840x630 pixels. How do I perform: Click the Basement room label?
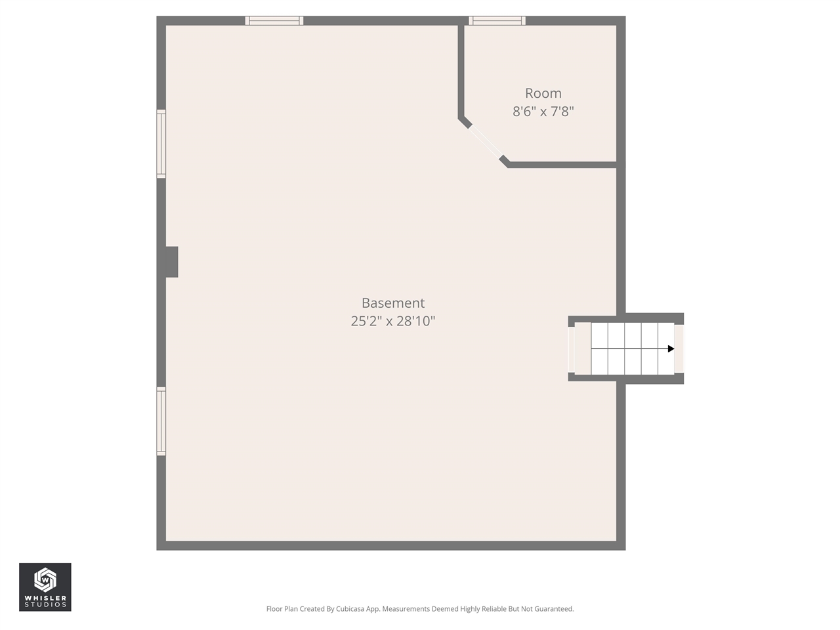click(393, 303)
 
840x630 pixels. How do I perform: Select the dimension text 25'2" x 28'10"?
click(393, 321)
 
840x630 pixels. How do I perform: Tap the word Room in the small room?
click(543, 93)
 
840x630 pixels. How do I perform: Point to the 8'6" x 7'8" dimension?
click(543, 112)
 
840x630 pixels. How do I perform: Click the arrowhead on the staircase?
click(671, 348)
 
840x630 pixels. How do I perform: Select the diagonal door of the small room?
click(486, 141)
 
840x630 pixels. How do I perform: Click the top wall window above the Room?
click(497, 21)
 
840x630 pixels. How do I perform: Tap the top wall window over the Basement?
click(274, 21)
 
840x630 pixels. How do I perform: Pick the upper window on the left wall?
click(161, 144)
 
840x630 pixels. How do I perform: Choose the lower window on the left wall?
click(161, 421)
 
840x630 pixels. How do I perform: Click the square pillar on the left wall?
click(171, 262)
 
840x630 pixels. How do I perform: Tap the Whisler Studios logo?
click(45, 587)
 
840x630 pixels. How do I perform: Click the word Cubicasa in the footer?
click(350, 609)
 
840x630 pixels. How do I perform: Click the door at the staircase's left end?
click(572, 348)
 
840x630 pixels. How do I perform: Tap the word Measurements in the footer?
click(406, 609)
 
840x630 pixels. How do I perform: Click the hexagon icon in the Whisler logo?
click(45, 579)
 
